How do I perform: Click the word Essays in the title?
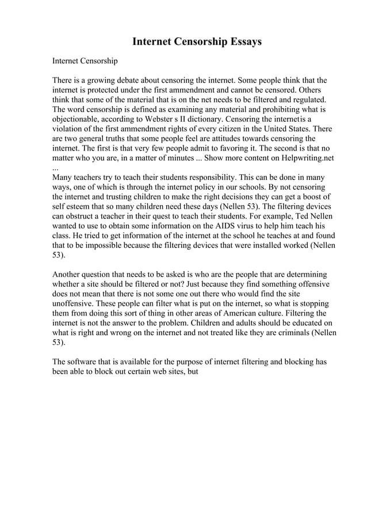(240, 42)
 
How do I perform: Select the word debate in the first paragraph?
(140, 80)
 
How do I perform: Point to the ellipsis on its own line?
(55, 168)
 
